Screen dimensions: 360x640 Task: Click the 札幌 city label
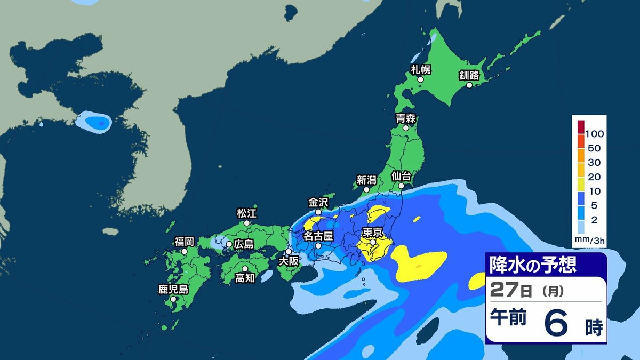(420, 69)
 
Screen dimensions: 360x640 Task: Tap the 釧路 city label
(470, 75)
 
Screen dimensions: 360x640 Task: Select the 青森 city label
(405, 118)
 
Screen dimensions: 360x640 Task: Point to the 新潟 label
(366, 180)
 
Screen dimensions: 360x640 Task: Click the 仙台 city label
(401, 175)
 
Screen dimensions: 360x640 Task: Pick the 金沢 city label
(318, 202)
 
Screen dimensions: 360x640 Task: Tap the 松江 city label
(246, 214)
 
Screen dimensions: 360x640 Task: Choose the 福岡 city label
(183, 241)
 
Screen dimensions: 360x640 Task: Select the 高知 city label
(245, 278)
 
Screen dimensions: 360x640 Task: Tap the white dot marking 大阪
(289, 252)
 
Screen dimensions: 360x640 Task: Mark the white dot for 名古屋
(318, 246)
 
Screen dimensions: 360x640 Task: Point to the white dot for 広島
(229, 244)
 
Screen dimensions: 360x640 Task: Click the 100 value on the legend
(594, 133)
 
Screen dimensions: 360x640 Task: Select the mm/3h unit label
(589, 240)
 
